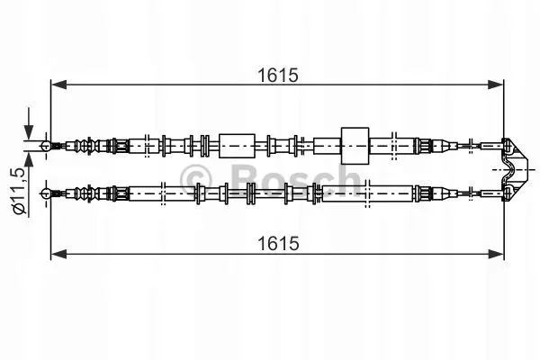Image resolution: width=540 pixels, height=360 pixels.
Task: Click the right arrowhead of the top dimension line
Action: coord(497,85)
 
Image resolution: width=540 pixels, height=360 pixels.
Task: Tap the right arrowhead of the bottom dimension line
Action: coord(497,255)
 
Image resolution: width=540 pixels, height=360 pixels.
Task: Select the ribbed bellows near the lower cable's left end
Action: coord(86,191)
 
